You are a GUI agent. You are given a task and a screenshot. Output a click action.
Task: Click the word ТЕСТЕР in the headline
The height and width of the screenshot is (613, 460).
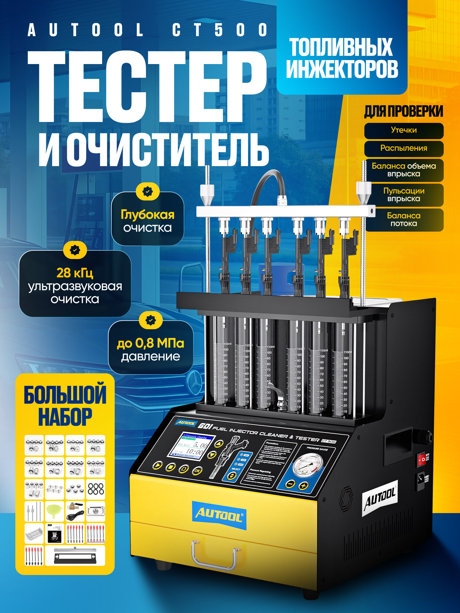pos(147,87)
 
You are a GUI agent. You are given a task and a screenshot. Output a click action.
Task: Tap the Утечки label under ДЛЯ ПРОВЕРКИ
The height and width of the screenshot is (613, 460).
pos(404,130)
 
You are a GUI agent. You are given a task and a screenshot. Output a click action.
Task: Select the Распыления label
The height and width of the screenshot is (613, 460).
pos(404,148)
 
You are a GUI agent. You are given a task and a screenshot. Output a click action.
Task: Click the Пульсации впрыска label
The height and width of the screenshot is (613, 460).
pos(404,195)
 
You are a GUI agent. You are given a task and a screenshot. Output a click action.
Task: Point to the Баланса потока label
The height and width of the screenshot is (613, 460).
pos(404,219)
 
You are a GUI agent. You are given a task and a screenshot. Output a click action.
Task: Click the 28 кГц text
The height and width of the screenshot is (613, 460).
pos(75,273)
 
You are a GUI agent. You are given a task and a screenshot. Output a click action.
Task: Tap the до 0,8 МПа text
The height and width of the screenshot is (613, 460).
pos(150,343)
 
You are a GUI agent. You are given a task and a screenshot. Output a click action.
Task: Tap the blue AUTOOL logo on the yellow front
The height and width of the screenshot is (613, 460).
pos(219,516)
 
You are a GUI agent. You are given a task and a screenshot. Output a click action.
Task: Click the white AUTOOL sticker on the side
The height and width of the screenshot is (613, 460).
pos(380,498)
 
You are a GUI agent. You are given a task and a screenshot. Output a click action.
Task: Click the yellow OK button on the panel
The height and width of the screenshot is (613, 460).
pos(197,470)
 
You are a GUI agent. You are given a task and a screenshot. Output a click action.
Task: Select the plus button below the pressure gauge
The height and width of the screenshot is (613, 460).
pos(303,485)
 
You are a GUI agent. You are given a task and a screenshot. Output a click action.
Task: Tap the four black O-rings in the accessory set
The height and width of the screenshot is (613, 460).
pos(96,489)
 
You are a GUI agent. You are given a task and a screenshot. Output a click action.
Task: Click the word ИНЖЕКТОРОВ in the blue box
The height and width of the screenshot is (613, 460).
pos(342,69)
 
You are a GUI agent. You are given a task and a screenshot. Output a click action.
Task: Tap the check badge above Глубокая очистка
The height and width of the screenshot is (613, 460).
pos(148,191)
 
